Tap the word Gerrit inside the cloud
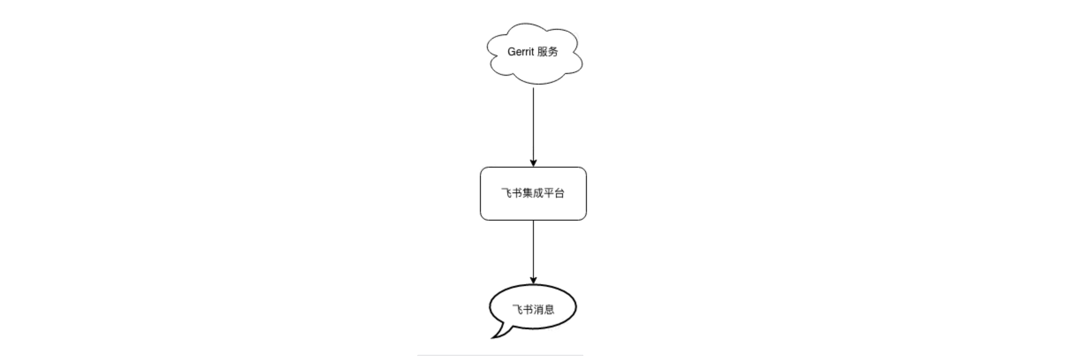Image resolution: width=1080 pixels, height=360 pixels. click(x=521, y=52)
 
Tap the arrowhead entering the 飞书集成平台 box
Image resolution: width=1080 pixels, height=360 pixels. click(x=533, y=163)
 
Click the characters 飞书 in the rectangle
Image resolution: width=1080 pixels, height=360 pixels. click(x=512, y=193)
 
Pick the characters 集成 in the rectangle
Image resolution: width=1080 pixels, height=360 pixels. click(x=533, y=193)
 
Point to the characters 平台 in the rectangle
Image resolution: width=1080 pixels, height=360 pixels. click(x=554, y=193)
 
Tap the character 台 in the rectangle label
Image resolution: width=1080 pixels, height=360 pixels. click(x=559, y=193)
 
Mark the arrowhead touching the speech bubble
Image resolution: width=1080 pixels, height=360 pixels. click(x=533, y=280)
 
